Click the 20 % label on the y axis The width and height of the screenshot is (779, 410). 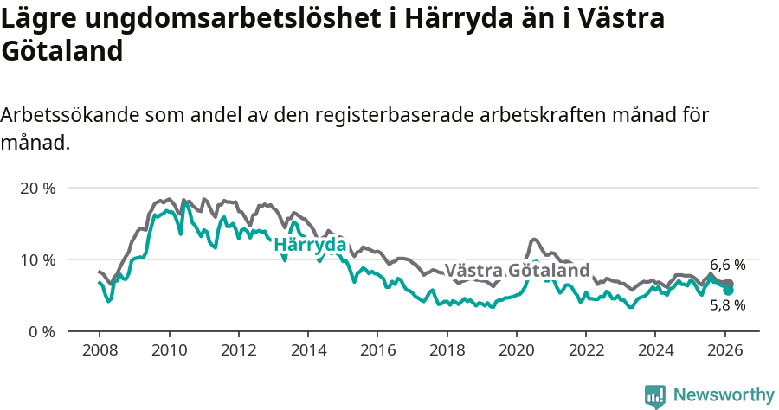click(37, 188)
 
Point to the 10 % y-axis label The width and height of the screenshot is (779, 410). click(37, 259)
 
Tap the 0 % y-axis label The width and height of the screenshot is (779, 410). click(41, 331)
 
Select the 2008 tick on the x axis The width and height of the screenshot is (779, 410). click(99, 351)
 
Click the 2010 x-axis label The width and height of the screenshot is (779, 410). click(168, 351)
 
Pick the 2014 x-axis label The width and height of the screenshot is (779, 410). click(307, 351)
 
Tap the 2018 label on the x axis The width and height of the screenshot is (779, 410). click(447, 351)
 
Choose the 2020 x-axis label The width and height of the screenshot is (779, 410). click(516, 351)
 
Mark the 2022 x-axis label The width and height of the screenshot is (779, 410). click(585, 351)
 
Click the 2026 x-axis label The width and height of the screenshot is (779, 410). click(724, 351)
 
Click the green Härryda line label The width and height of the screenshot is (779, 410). click(310, 245)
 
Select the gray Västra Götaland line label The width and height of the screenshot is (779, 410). click(518, 270)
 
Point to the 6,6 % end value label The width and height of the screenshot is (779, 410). click(728, 265)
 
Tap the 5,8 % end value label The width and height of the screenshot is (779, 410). click(728, 305)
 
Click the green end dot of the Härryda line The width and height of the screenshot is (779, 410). click(729, 290)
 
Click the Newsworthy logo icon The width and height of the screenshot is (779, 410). click(655, 396)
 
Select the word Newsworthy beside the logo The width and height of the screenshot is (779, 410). click(724, 395)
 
